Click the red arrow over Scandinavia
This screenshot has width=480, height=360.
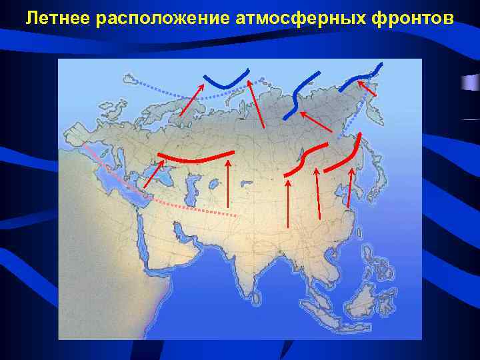tap(191, 99)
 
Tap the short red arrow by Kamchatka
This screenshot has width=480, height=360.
tap(366, 89)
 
